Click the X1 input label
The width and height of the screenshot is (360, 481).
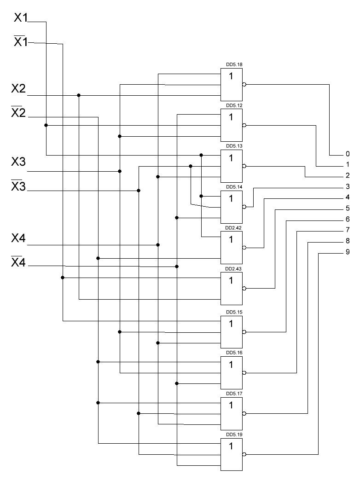click(21, 18)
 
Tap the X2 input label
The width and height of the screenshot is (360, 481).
click(18, 89)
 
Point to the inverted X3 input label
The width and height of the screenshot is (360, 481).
click(18, 185)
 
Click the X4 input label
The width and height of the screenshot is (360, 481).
click(18, 238)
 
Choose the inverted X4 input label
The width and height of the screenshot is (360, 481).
click(18, 262)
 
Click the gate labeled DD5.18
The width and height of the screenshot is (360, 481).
click(232, 85)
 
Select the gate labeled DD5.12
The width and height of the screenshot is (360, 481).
click(232, 125)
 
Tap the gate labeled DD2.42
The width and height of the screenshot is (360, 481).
click(232, 248)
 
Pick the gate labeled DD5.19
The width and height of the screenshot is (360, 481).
click(232, 454)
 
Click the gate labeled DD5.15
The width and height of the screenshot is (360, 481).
click(232, 332)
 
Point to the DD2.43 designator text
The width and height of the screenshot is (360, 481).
click(233, 269)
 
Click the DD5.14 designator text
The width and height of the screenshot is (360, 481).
click(234, 187)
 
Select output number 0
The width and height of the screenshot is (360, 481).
click(348, 154)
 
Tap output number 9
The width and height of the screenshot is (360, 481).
click(348, 252)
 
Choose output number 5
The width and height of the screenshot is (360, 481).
click(348, 209)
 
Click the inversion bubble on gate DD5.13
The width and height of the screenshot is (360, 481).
click(244, 166)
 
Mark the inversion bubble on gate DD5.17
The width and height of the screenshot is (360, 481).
click(244, 413)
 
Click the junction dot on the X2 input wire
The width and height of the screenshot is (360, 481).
click(79, 95)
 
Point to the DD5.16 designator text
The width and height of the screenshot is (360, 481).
click(234, 353)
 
